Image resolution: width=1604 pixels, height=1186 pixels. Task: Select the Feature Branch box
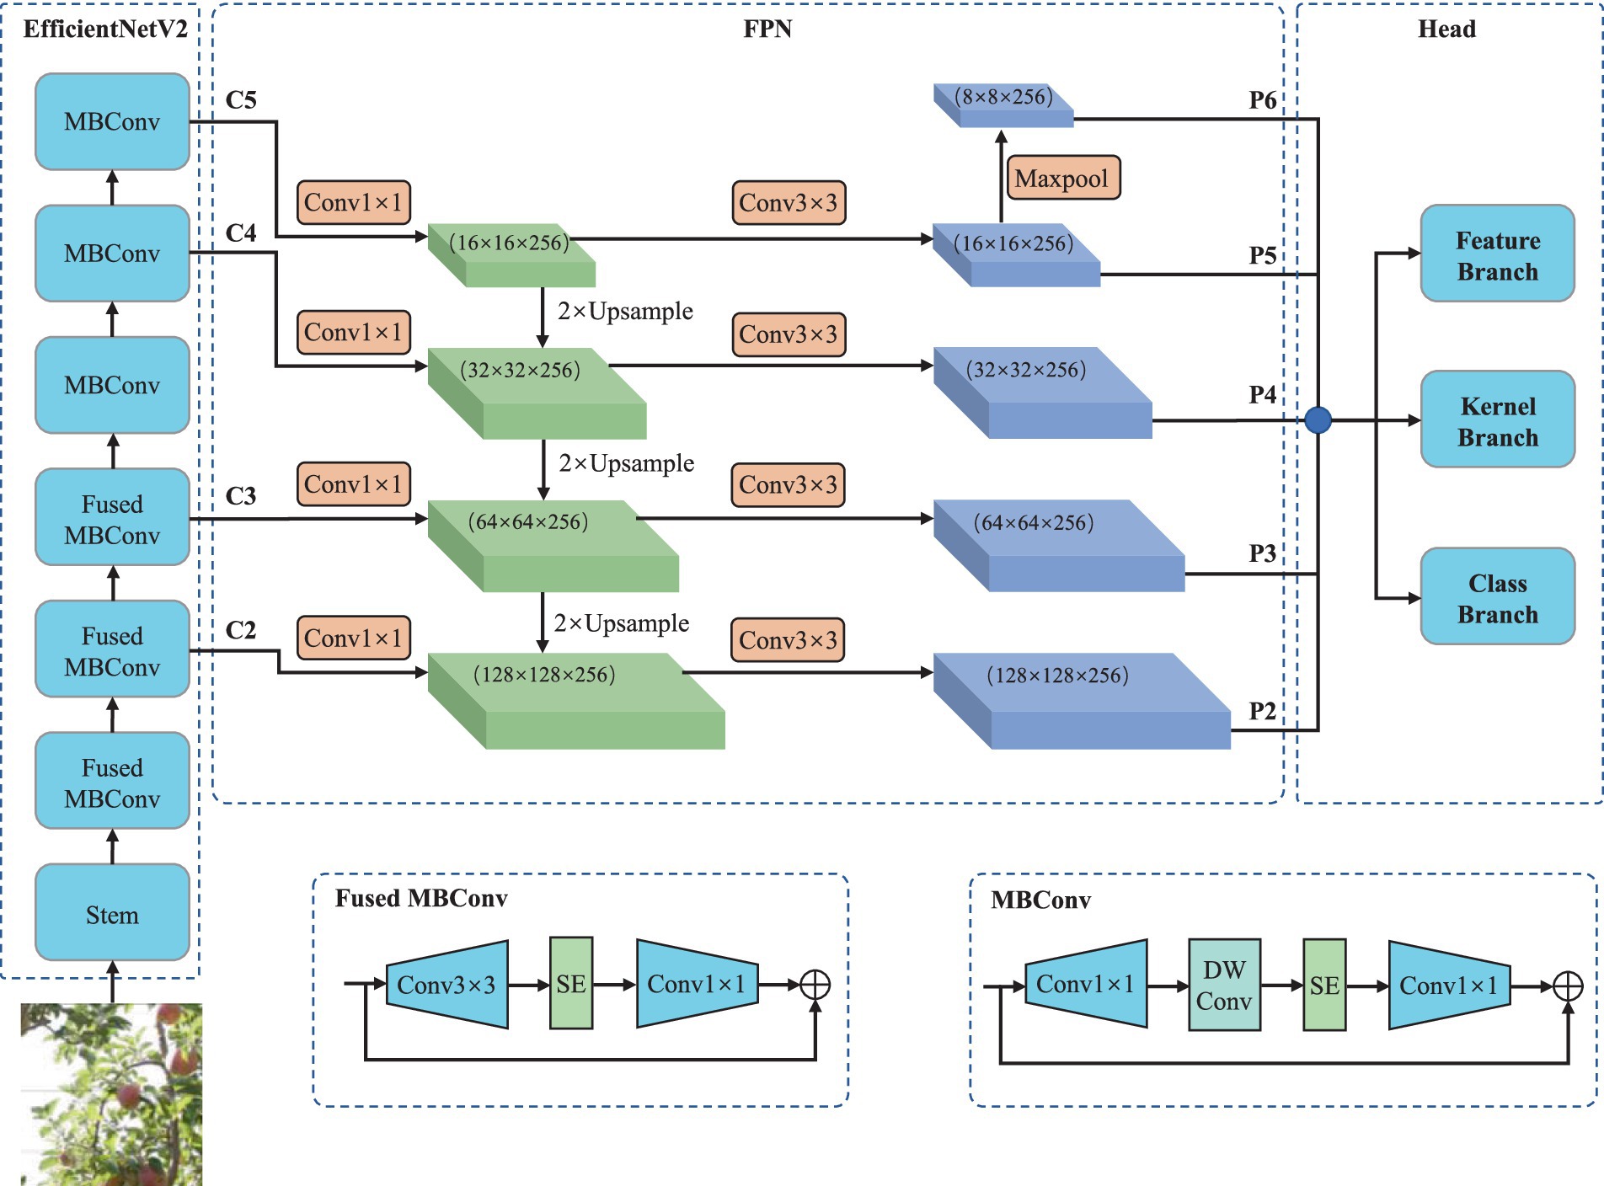(1497, 254)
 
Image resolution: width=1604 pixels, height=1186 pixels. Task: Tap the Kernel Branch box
(1497, 419)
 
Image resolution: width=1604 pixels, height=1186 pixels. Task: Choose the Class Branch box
(1497, 596)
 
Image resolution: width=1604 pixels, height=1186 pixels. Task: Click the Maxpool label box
(1063, 178)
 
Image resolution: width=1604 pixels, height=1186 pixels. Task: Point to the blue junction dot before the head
(1318, 419)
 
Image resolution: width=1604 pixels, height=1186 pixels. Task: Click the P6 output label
(1262, 100)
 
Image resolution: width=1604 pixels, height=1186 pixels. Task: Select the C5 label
(241, 100)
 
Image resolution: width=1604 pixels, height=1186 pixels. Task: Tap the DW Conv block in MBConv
(1224, 985)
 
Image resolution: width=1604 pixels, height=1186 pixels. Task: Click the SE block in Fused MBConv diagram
(571, 983)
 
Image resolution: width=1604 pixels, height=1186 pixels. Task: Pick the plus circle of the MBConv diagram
(1568, 986)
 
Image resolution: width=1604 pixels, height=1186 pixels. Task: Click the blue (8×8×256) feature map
(1003, 105)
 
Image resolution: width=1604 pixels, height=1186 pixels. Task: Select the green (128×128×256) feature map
(576, 701)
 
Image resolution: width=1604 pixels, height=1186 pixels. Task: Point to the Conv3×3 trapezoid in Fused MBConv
(446, 984)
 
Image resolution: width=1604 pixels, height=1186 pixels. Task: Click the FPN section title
(767, 29)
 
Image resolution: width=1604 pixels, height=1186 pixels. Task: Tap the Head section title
(1446, 29)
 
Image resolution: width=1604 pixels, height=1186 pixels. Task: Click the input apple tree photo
(111, 1094)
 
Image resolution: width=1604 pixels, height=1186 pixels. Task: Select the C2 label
(241, 630)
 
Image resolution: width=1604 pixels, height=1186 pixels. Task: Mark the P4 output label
(1262, 394)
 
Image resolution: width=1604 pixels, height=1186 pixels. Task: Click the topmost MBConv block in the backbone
(112, 121)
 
